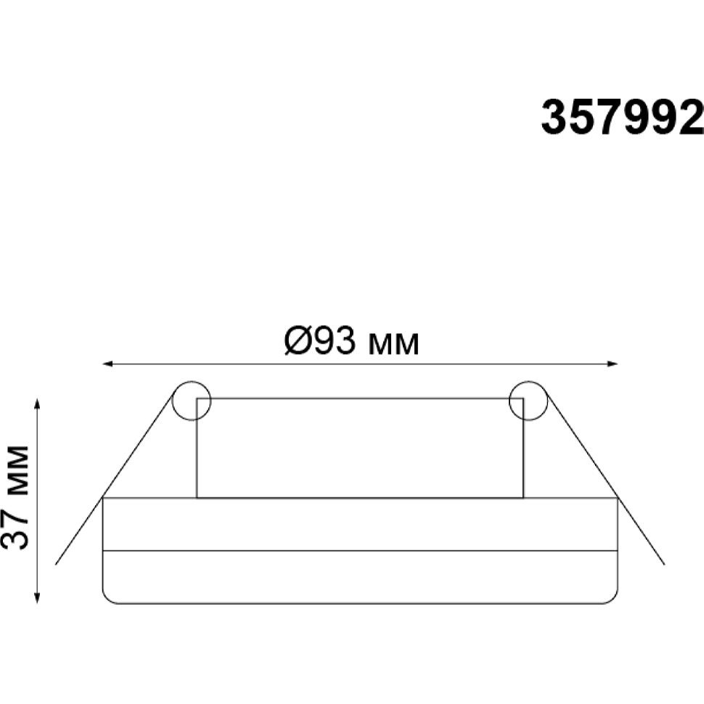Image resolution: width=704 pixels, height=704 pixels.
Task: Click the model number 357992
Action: pos(622,117)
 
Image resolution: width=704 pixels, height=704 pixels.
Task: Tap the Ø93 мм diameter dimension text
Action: pos(352,341)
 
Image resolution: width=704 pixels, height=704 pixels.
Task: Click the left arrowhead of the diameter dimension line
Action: pos(107,364)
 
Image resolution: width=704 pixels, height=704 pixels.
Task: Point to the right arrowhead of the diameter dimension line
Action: pos(613,364)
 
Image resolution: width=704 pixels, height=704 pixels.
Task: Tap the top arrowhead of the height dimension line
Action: pos(38,402)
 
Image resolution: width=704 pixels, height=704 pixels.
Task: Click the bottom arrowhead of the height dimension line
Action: pos(38,599)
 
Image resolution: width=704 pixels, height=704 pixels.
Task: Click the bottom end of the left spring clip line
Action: pos(56,564)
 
